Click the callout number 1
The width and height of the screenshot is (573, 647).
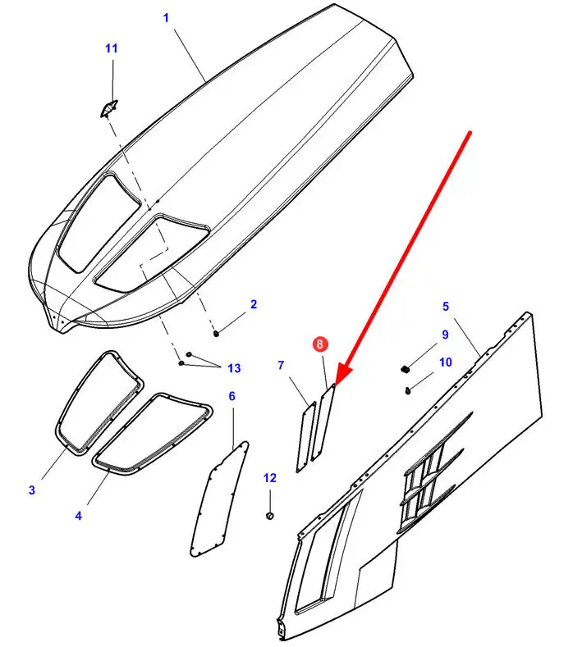[167, 17]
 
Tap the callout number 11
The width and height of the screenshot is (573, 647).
[111, 49]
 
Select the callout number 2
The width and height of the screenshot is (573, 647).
[254, 304]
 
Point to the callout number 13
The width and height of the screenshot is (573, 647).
[235, 367]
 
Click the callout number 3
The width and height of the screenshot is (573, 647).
[32, 490]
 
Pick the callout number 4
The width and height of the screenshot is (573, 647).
[78, 516]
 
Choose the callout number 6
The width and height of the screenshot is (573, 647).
[231, 397]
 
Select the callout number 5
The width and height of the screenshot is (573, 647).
[446, 307]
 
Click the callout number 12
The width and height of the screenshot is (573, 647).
[270, 477]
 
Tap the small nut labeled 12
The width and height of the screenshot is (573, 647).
[270, 515]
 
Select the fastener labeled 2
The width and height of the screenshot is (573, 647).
[216, 332]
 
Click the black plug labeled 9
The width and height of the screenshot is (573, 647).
[406, 367]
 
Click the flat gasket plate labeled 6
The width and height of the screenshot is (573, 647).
[218, 500]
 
